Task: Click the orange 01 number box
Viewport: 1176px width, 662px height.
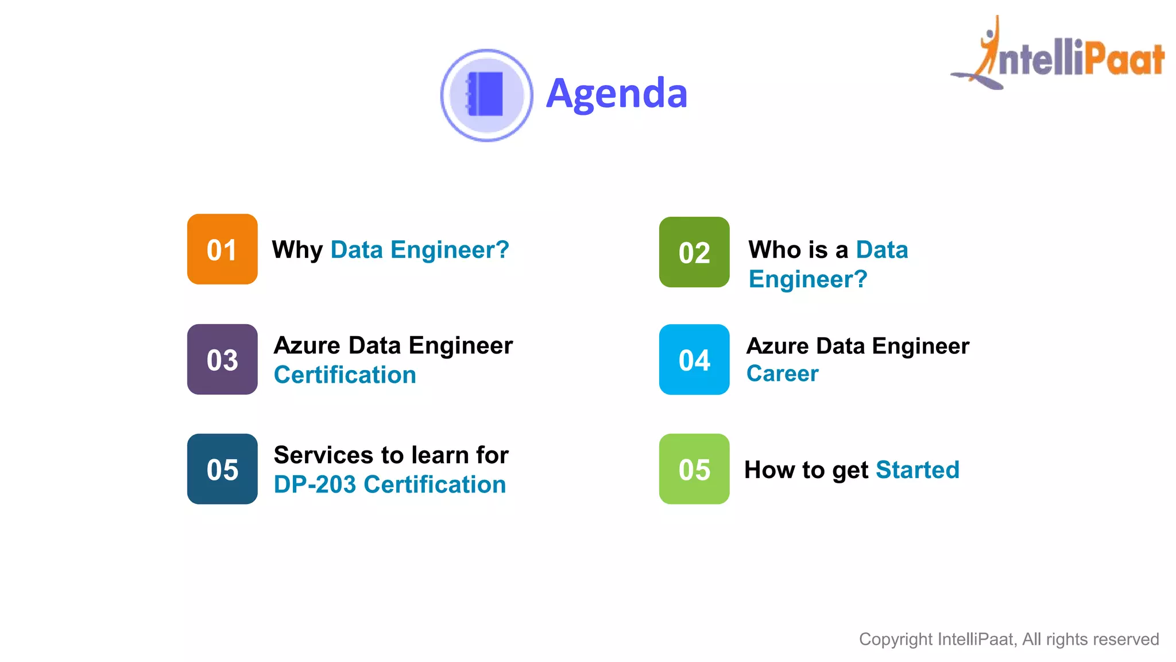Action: click(x=222, y=249)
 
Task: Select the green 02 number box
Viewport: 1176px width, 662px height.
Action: click(x=694, y=252)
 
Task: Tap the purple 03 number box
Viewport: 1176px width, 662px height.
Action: click(x=222, y=360)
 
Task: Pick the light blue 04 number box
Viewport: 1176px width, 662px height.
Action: click(x=694, y=360)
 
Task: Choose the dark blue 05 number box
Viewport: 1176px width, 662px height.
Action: click(x=222, y=469)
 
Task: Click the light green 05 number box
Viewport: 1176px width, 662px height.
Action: click(x=694, y=469)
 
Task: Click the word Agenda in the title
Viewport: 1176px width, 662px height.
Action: click(x=617, y=94)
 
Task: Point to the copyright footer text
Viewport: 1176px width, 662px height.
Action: click(x=1008, y=639)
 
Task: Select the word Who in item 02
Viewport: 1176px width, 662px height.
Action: click(x=773, y=250)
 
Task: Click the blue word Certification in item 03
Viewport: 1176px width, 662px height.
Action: click(x=345, y=375)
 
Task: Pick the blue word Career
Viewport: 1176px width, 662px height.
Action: click(x=782, y=374)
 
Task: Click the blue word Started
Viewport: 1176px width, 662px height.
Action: click(x=918, y=470)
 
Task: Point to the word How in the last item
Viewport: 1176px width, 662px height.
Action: click(x=767, y=470)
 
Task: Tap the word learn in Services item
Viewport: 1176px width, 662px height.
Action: click(x=440, y=455)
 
